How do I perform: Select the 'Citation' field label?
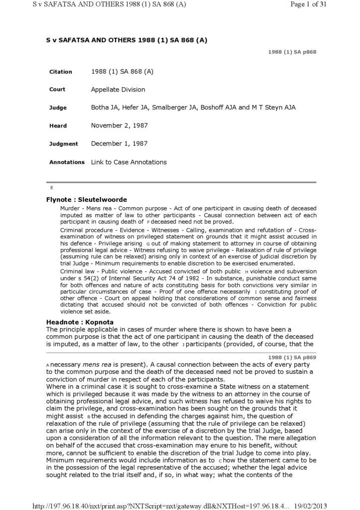tap(61, 72)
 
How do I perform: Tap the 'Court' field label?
tap(57, 90)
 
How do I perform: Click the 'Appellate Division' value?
tap(118, 90)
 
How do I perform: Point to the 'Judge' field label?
tap(58, 108)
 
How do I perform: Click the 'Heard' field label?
tap(58, 126)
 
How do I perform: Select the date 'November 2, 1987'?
tap(120, 126)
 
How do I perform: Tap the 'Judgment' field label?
tap(64, 144)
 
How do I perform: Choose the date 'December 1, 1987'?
tap(120, 143)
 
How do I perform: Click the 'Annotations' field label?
tap(67, 162)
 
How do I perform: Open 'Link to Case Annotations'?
tap(129, 162)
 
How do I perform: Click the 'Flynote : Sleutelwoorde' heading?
tap(87, 200)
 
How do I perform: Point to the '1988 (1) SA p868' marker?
tap(292, 52)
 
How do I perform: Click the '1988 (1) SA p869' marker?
tap(292, 358)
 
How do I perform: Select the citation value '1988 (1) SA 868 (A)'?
tap(122, 72)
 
